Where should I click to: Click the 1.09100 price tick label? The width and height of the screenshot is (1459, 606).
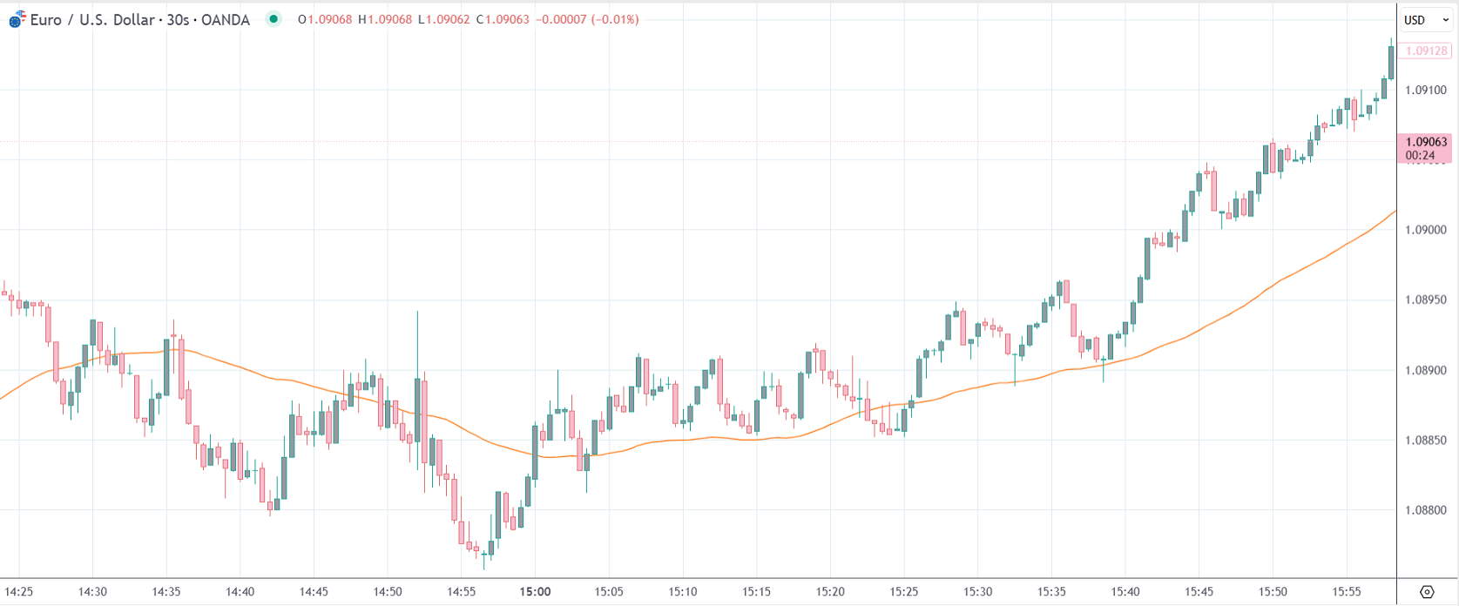tap(1425, 90)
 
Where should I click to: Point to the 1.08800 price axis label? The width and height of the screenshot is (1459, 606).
tap(1425, 510)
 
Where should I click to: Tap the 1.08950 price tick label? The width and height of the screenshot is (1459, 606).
tap(1425, 300)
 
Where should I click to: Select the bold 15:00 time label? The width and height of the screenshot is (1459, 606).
tap(535, 591)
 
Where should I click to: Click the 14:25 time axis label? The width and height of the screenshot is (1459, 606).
tap(19, 591)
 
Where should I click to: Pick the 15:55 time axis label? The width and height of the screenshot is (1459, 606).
tap(1347, 591)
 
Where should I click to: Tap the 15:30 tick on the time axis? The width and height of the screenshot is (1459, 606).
tap(977, 591)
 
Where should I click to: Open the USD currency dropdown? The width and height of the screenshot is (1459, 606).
tap(1425, 20)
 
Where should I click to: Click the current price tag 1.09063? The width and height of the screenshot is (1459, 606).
tap(1426, 142)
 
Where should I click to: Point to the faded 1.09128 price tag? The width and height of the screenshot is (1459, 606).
tap(1426, 51)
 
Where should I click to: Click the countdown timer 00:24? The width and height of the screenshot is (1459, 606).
tap(1420, 156)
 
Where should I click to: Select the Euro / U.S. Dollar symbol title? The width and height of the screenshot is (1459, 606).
tap(139, 19)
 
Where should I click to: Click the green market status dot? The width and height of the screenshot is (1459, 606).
tap(274, 19)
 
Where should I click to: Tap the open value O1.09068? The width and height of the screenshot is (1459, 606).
tap(325, 19)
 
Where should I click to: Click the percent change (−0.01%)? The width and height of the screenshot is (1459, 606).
tap(615, 19)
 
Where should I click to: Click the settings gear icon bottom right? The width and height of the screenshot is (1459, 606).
tap(1427, 592)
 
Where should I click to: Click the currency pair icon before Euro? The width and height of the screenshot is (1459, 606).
tap(17, 19)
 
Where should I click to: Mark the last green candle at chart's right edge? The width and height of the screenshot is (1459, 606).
tap(1391, 63)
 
